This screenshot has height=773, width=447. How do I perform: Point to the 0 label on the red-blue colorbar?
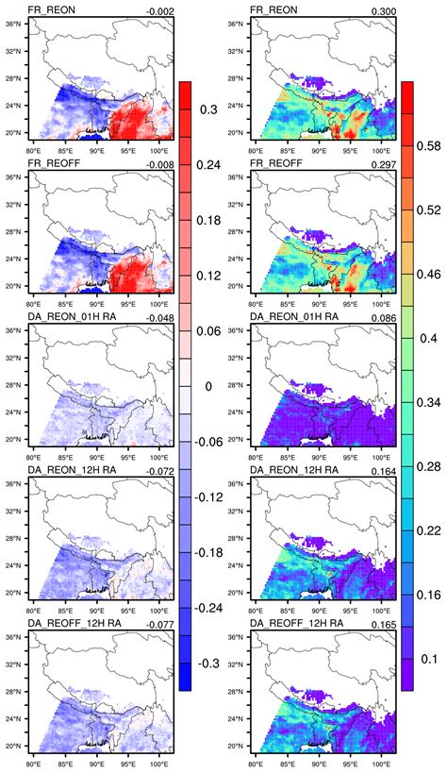coord(213,386)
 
